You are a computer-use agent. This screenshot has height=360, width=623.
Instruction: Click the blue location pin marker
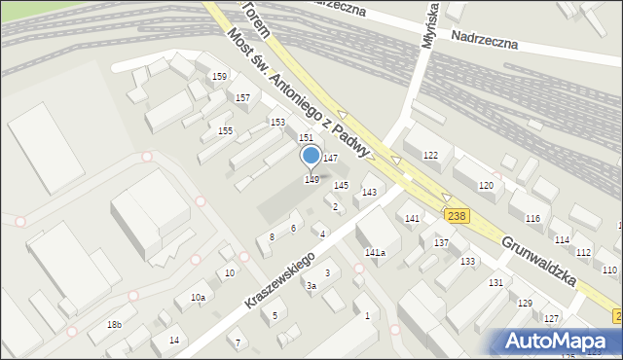[311, 157]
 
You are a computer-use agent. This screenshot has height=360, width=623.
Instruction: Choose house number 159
[220, 77]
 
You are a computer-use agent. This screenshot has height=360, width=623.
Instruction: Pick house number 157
[242, 98]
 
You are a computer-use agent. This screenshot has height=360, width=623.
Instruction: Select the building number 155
[225, 131]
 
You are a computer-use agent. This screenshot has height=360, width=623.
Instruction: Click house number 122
[430, 156]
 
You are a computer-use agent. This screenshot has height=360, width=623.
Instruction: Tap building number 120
[486, 185]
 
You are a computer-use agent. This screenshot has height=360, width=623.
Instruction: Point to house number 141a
[375, 253]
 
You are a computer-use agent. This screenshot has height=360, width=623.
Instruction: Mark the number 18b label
[115, 324]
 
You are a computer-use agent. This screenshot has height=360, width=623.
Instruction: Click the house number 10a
[198, 297]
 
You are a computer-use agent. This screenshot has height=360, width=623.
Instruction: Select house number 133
[468, 262]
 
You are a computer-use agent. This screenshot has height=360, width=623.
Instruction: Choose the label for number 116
[532, 219]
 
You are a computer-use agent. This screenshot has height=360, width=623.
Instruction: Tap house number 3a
[311, 286]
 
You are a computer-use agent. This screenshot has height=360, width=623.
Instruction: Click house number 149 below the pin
[311, 179]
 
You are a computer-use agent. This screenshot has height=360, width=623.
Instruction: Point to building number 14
[174, 340]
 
